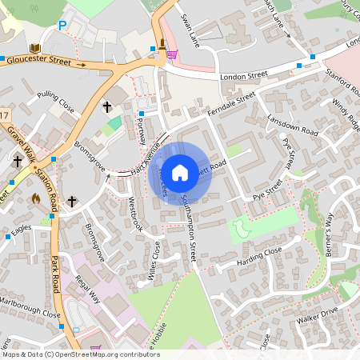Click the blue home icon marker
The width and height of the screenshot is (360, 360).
[x=180, y=172]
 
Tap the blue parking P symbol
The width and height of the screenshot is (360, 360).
[x=62, y=26]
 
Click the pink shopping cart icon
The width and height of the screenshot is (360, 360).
[x=172, y=54]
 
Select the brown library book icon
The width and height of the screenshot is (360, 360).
[x=34, y=48]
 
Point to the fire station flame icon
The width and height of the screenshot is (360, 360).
[x=35, y=197]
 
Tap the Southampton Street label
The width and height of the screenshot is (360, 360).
[x=189, y=229]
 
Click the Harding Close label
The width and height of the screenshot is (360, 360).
[x=259, y=257]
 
